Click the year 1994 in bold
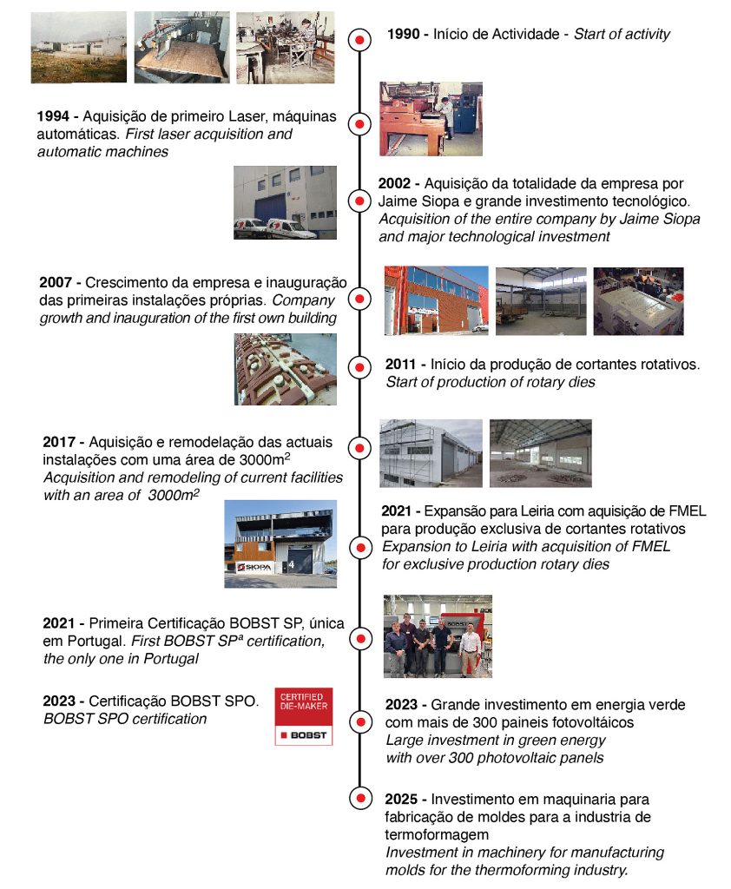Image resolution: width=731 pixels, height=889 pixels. tap(54, 116)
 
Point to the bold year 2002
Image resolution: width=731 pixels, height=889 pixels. tap(398, 184)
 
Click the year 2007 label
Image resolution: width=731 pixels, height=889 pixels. tap(57, 283)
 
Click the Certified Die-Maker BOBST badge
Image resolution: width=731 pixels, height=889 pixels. tap(303, 717)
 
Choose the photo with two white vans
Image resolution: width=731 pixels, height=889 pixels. tap(285, 202)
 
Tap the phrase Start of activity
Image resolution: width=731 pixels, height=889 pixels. tap(622, 35)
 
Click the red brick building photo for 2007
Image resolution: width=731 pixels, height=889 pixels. tap(436, 300)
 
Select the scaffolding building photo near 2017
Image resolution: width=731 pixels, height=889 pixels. tap(431, 453)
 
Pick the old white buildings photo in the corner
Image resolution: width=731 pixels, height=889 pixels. tap(78, 47)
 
